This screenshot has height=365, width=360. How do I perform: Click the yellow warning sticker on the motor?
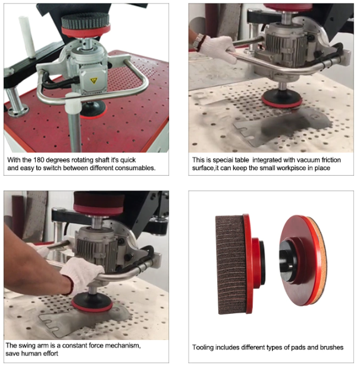(x=94, y=80)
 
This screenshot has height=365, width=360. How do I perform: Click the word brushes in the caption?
(x=331, y=347)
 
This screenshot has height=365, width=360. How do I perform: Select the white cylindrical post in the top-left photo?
(x=27, y=37)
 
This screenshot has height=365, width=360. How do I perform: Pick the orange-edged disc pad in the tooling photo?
(x=303, y=260)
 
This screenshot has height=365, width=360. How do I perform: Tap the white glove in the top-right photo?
(x=218, y=48)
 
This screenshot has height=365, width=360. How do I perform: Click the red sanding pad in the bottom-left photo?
(x=92, y=306)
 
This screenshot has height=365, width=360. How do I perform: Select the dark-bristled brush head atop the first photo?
(x=85, y=21)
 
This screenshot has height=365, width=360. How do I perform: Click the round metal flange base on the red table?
(x=18, y=111)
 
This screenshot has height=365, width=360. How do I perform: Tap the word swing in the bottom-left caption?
(x=26, y=346)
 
